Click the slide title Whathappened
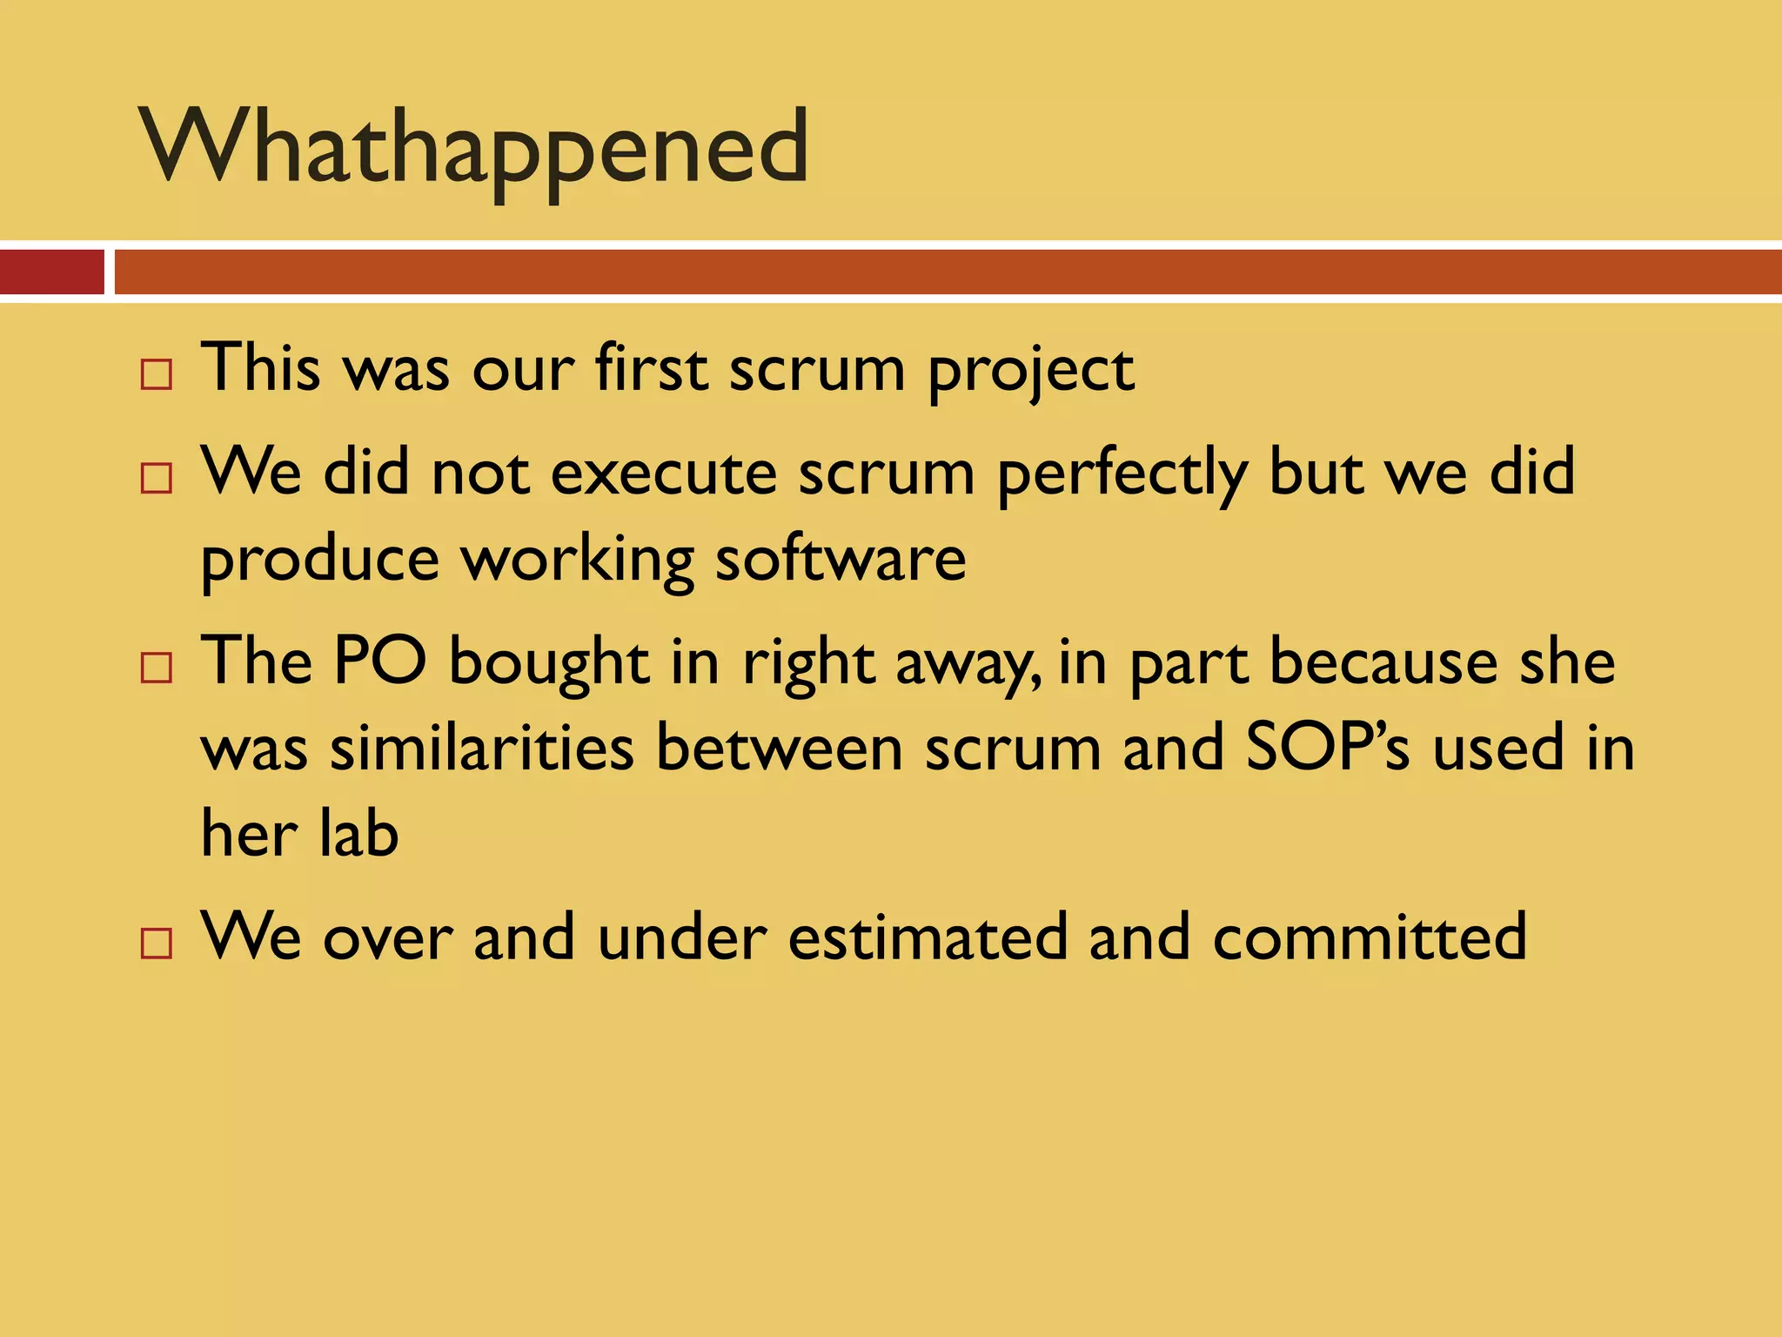pos(474,148)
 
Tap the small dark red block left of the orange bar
pos(52,272)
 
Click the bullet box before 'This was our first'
pos(157,375)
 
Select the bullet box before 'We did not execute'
pos(157,479)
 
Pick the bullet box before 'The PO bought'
pos(157,668)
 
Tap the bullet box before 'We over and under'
pos(157,944)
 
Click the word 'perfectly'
pos(1122,475)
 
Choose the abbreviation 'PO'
pos(380,662)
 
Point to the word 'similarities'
pos(482,748)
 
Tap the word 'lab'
pos(358,833)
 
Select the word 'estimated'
pos(928,937)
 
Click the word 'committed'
pos(1370,937)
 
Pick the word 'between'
pos(780,748)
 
